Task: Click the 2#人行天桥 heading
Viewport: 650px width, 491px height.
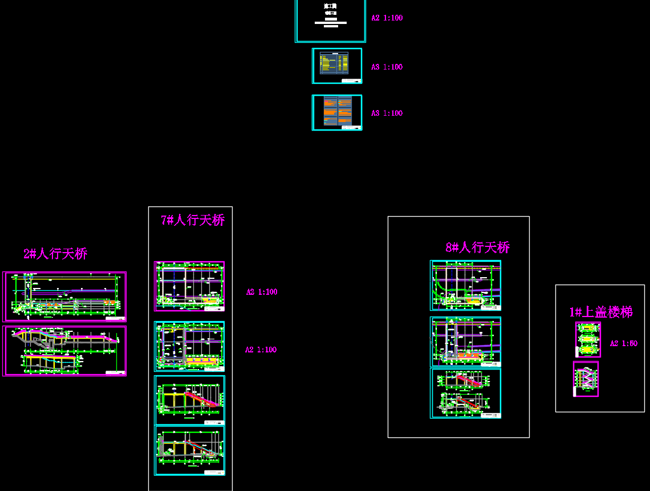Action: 55,254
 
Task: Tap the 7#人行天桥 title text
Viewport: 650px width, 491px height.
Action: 193,220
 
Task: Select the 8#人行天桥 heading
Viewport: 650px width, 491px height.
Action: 477,247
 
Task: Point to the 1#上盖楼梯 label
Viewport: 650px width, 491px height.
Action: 601,312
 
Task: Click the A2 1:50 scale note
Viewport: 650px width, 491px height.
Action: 623,344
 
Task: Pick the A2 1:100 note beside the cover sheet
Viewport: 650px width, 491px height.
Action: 387,18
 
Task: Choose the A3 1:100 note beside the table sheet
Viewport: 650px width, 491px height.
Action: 387,67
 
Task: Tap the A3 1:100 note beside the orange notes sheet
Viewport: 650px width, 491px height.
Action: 387,113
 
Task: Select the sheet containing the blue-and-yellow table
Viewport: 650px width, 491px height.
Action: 337,66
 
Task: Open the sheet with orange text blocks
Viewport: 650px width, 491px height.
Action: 337,112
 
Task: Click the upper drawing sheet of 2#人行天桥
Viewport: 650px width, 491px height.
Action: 64,297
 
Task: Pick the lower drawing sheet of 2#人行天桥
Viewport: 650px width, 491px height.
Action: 64,351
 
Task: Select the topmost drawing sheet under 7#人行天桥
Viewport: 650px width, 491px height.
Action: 189,286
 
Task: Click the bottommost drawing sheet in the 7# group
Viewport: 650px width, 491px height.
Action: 189,450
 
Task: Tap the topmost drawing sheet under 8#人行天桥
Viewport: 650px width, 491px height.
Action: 465,285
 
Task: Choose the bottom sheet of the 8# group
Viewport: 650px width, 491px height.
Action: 465,393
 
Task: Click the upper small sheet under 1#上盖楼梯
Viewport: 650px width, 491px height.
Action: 588,339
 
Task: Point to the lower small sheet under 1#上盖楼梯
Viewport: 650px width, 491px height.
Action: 586,379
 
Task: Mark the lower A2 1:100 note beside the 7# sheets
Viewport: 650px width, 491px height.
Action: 261,350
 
